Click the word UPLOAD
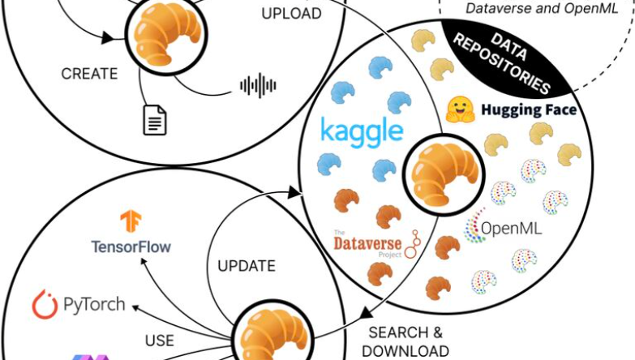[291, 14]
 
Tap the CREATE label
[90, 73]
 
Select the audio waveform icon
[259, 84]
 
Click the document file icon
[155, 120]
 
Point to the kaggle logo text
[362, 131]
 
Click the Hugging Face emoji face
[459, 109]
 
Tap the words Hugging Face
[528, 109]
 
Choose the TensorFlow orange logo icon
[131, 221]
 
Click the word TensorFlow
[131, 246]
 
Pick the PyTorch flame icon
[44, 305]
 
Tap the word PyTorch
[94, 305]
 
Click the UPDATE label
[247, 266]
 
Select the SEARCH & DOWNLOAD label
[405, 341]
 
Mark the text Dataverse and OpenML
[530, 9]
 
